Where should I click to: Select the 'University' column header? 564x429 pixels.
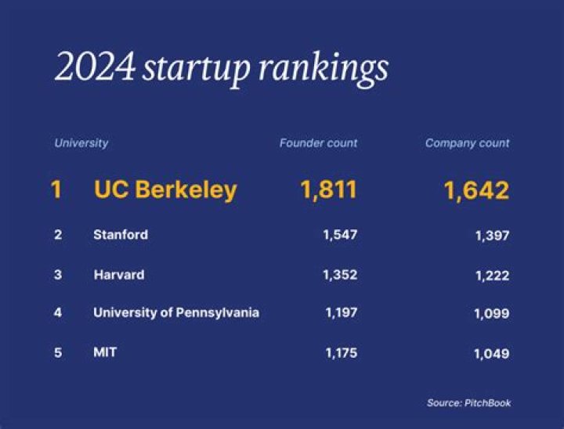[x=81, y=143]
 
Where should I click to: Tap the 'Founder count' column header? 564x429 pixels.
[x=318, y=143]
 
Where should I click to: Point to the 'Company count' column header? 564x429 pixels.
[x=467, y=143]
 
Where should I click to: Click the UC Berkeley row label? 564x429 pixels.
[x=165, y=189]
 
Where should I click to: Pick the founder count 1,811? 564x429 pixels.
[x=328, y=189]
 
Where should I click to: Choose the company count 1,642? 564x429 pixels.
[x=476, y=190]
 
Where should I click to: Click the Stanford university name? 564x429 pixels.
[x=121, y=235]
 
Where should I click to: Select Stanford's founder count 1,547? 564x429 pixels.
[x=341, y=235]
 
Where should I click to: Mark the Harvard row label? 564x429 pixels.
[x=118, y=275]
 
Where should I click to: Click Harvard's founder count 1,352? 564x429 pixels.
[x=341, y=275]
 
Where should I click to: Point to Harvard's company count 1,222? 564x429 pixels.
[x=491, y=276]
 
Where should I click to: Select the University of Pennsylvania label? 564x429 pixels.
[x=176, y=313]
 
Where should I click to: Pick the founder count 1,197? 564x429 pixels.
[x=341, y=313]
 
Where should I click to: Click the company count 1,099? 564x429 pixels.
[x=491, y=314]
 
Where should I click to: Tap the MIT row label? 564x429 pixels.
[x=105, y=352]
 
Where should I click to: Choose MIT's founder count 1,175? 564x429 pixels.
[x=341, y=352]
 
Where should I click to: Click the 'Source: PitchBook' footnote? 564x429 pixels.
[x=468, y=403]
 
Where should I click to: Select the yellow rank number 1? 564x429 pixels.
[x=56, y=189]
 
